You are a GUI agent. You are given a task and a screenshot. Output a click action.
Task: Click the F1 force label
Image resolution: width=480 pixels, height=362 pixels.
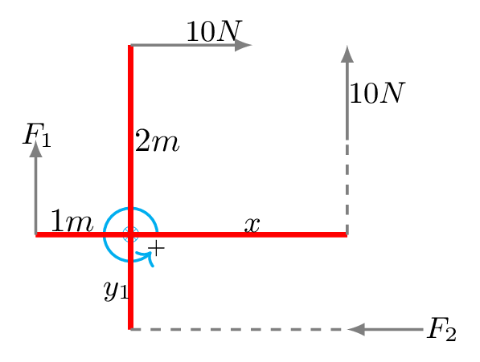(37, 135)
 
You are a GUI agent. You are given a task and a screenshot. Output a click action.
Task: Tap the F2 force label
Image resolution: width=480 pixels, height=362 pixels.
(441, 329)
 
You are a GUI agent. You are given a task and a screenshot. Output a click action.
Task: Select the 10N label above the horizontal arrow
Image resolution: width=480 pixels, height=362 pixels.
(214, 31)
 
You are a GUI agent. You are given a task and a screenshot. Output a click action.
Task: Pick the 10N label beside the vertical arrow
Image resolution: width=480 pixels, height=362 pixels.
(377, 93)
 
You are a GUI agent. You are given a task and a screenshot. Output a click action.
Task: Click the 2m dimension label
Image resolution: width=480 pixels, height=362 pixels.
(157, 140)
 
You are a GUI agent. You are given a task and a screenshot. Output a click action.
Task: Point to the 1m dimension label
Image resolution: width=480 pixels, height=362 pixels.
(72, 221)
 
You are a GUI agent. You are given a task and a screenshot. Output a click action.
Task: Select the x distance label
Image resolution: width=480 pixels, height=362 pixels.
(252, 225)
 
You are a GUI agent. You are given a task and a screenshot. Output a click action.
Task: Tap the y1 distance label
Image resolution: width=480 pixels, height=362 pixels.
(116, 291)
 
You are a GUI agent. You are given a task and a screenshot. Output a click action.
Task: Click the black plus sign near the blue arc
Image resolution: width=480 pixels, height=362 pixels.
(157, 248)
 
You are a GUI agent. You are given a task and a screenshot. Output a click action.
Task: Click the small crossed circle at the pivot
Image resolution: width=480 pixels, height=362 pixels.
(131, 234)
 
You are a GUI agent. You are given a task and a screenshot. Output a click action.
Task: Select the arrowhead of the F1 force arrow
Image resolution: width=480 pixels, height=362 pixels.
(36, 148)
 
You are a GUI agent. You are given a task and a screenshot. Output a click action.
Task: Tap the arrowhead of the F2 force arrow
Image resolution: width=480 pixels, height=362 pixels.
(357, 329)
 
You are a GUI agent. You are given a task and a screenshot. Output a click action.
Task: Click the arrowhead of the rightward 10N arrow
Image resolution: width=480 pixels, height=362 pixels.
(244, 45)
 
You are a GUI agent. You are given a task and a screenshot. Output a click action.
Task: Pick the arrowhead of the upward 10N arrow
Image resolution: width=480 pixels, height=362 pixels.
(347, 54)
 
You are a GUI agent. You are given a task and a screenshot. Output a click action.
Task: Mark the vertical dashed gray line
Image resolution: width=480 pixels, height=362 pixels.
(347, 187)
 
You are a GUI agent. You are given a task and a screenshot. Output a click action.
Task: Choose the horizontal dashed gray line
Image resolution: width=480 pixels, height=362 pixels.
(240, 329)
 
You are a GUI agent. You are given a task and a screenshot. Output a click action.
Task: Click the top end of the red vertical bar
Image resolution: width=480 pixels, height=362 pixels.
(131, 46)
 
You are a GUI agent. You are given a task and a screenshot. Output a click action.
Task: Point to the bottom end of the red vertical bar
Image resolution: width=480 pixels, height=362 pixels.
(131, 329)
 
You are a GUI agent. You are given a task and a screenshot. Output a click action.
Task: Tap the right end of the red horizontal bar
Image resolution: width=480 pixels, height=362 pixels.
(347, 234)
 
